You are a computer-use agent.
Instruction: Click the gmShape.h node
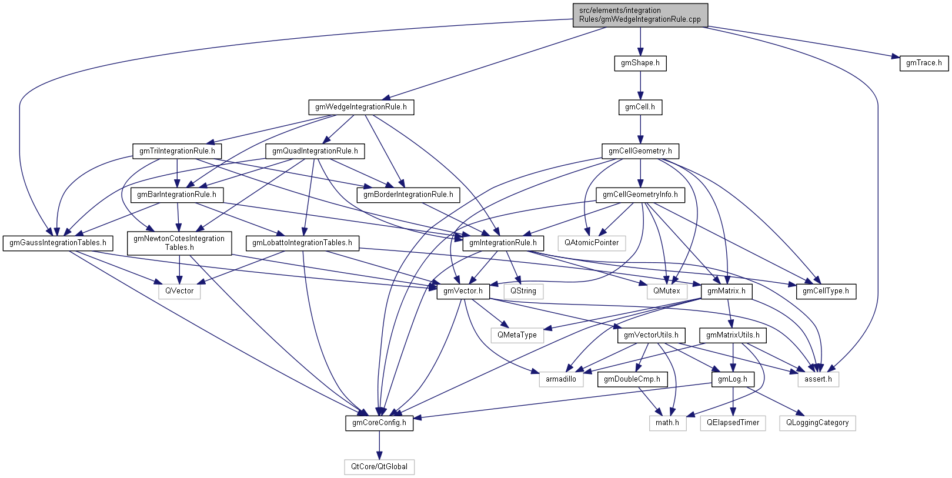coord(640,63)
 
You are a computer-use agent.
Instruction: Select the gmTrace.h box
coord(923,63)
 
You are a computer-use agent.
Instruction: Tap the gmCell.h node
coord(640,107)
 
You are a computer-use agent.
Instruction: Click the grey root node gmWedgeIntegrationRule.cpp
coord(640,15)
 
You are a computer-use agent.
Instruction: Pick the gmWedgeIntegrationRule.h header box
coord(360,107)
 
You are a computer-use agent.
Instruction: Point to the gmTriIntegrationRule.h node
coord(176,151)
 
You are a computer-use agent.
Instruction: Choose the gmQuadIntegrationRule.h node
coord(315,151)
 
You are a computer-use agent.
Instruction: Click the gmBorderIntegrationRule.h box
coord(408,195)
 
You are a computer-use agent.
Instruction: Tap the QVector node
coord(179,291)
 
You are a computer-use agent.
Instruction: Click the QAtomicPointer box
coord(592,243)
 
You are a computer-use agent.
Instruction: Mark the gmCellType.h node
coord(826,291)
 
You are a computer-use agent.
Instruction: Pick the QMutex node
coord(666,291)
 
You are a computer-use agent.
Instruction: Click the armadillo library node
coord(560,379)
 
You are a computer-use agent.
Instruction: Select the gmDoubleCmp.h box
coord(632,379)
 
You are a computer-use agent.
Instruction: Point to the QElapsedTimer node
coord(733,423)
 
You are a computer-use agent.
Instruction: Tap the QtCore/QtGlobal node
coord(379,467)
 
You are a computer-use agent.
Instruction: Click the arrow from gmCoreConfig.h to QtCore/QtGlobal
coord(379,445)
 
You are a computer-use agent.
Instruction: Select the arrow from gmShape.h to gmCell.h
coord(640,85)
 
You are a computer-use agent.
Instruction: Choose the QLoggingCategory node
coord(817,423)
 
